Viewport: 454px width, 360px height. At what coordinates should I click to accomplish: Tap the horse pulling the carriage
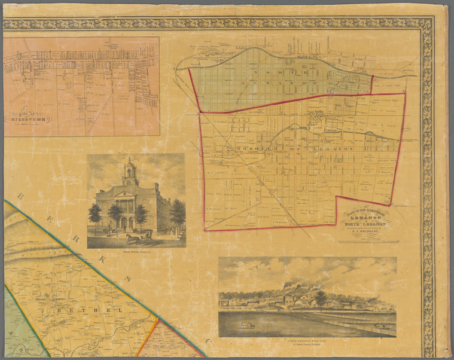(x=130, y=238)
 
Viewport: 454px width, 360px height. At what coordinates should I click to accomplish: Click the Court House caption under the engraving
(x=136, y=252)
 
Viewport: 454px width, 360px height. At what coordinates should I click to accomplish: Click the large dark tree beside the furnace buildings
(x=321, y=297)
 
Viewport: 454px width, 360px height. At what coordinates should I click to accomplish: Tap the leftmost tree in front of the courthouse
(x=95, y=214)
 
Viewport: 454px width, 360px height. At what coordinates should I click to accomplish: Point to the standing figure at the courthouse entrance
(x=124, y=225)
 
